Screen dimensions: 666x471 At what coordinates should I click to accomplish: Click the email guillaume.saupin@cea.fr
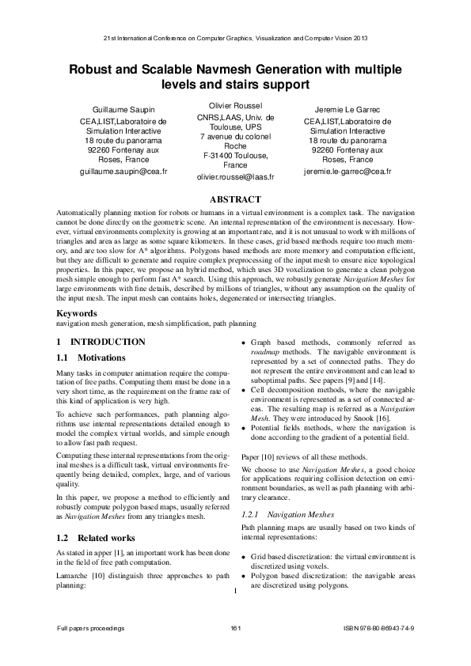pyautogui.click(x=124, y=170)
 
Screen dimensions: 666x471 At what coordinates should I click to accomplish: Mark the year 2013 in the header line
pyautogui.click(x=359, y=38)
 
